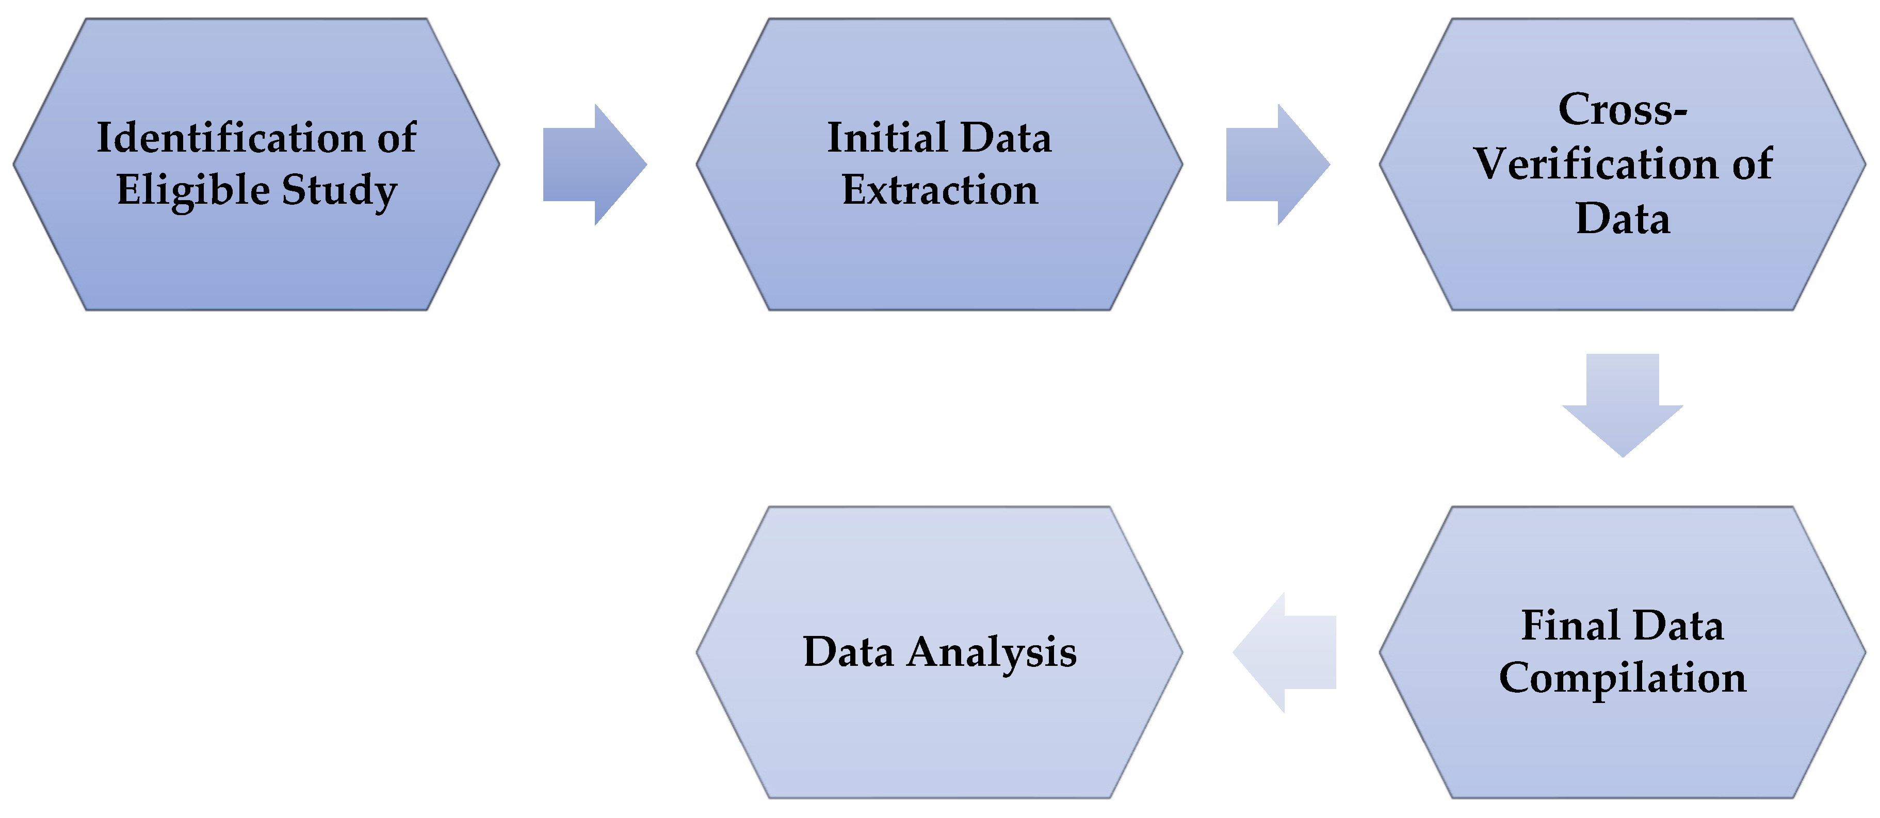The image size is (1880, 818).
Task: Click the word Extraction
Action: [940, 190]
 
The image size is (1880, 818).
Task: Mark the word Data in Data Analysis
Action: [848, 652]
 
